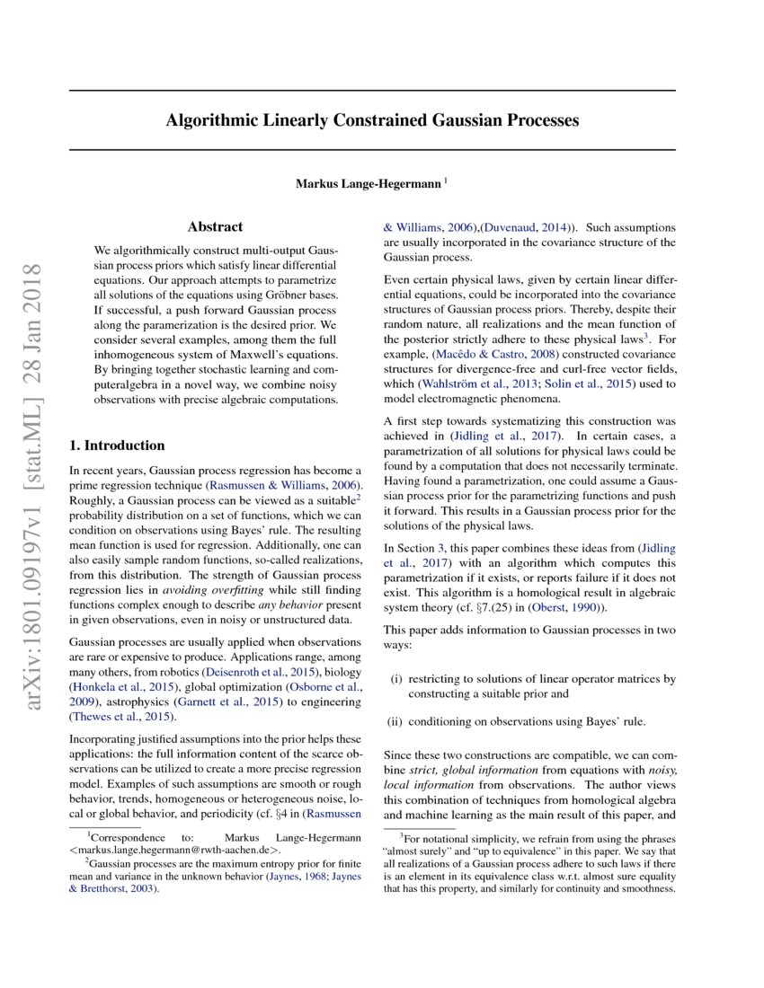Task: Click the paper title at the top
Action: click(x=372, y=120)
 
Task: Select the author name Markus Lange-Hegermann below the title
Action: click(x=369, y=184)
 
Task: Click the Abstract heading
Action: click(x=215, y=227)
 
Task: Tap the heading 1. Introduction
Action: click(x=118, y=445)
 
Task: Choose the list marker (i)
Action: click(x=396, y=679)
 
